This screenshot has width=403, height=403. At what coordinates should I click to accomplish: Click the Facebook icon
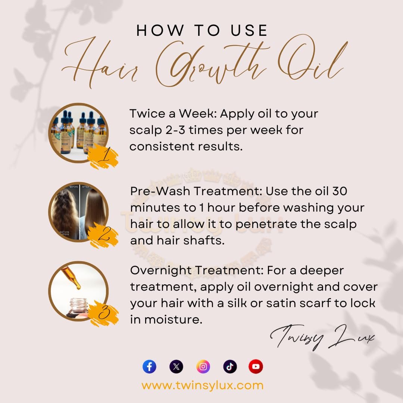[x=149, y=366]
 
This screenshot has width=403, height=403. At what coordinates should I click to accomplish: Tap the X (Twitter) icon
[x=176, y=366]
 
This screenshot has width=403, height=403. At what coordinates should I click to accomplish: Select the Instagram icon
[x=203, y=366]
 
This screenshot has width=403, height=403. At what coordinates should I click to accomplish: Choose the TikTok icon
[x=230, y=366]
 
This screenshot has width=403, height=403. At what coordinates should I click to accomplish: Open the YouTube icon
[x=256, y=366]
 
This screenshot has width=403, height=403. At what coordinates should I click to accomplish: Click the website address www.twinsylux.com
[x=203, y=385]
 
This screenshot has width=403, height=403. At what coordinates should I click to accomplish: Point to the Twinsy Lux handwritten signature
[x=322, y=337]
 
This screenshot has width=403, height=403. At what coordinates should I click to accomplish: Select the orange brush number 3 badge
[x=103, y=313]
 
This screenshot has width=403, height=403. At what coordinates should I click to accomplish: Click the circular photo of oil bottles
[x=78, y=133]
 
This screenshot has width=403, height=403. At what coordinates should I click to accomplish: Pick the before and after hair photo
[x=78, y=212]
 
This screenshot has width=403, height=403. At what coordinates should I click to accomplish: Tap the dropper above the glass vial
[x=71, y=278]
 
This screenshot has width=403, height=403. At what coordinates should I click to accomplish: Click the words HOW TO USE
[x=202, y=30]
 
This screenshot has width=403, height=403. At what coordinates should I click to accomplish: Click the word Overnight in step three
[x=161, y=271]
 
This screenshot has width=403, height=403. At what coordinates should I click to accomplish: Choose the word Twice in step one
[x=147, y=113]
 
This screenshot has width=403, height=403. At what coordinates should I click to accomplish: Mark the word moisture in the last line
[x=173, y=320]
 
